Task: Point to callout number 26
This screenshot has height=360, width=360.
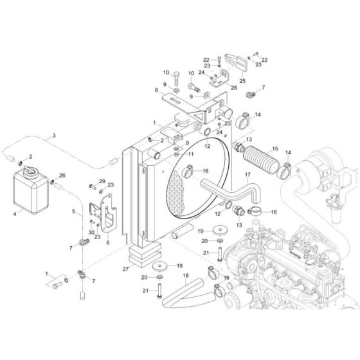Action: [x=62, y=174]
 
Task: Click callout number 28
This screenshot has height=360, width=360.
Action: [x=215, y=87]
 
